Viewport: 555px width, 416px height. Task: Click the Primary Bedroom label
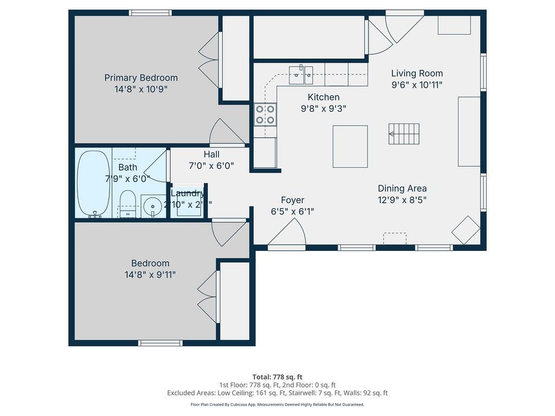tap(141, 78)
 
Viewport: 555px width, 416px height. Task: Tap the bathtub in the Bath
tap(93, 184)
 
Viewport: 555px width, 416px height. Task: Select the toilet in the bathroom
tap(127, 204)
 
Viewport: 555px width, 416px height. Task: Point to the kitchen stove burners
tap(266, 114)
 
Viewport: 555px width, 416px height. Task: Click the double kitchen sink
tap(301, 74)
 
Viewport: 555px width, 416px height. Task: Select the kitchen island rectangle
tap(350, 146)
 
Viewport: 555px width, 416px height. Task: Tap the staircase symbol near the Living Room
tap(404, 134)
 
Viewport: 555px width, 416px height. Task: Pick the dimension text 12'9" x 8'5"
tap(402, 200)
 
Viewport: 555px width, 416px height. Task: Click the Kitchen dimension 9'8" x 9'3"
tap(324, 108)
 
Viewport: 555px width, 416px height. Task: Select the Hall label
tap(211, 154)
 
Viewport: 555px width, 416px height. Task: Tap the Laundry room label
tap(188, 193)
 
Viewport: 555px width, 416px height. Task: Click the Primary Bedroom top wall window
tap(150, 12)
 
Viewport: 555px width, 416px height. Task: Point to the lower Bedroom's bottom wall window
tap(160, 342)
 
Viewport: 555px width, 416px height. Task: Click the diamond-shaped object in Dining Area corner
tap(466, 230)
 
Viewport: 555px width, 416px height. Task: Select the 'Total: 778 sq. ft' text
tap(277, 377)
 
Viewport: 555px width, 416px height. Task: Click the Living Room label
tap(417, 73)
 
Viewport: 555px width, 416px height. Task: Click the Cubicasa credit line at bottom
tap(277, 405)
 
